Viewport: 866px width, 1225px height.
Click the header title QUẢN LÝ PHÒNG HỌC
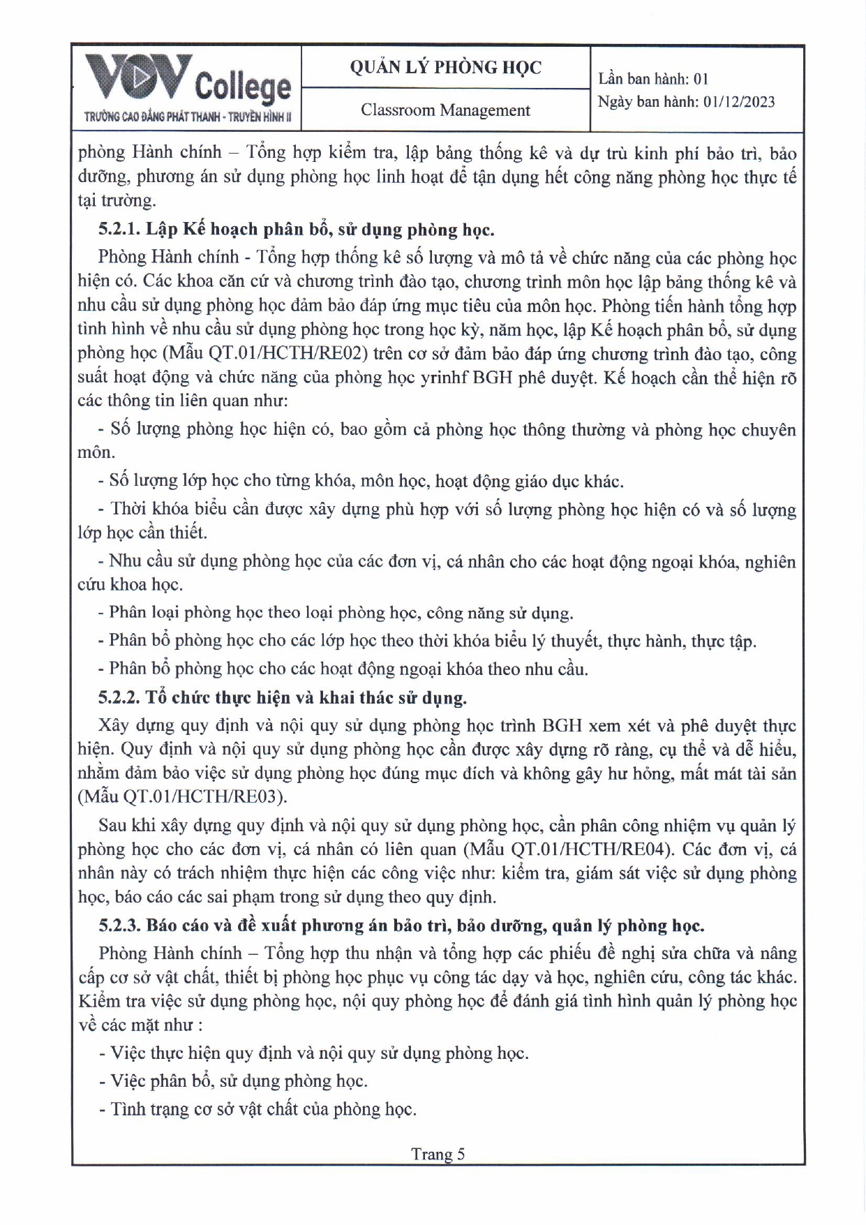[x=445, y=67]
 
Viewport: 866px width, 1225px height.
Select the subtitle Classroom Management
[x=445, y=110]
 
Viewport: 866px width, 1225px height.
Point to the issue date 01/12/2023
[x=739, y=102]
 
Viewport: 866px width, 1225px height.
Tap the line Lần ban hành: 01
[x=653, y=79]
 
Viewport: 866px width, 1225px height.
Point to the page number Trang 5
[x=438, y=1154]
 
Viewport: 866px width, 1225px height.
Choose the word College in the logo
[x=242, y=87]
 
